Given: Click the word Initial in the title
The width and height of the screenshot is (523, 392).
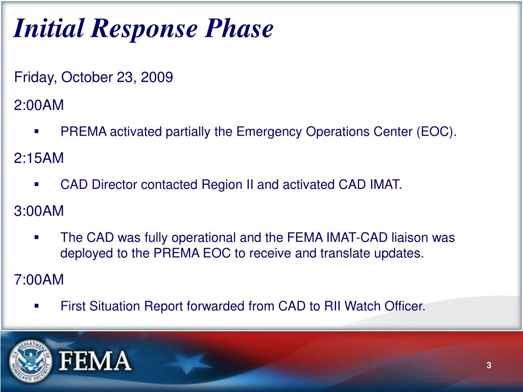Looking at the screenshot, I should coord(48,29).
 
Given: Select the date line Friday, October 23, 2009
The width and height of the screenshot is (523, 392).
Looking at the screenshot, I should coord(93,78).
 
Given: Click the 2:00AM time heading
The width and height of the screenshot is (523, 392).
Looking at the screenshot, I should coord(39,105).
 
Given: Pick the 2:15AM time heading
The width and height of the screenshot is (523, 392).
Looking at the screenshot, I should coord(39,158).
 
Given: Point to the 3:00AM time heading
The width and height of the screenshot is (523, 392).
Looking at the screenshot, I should coord(39,211).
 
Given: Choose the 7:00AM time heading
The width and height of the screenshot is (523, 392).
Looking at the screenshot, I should coord(39,280).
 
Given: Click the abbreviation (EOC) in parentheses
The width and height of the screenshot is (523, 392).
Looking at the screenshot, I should coord(437,132).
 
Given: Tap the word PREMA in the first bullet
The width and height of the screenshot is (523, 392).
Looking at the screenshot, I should coord(84,132).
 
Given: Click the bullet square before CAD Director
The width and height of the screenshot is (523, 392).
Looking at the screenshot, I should coord(37,184).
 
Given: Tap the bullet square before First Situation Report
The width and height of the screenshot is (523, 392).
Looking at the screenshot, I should coord(37,306).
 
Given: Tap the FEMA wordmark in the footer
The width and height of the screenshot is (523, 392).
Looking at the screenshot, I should coord(96,361).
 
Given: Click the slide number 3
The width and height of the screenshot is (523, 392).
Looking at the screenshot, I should coord(489,365).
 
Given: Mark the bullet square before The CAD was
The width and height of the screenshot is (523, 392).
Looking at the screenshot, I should coord(37,237).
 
